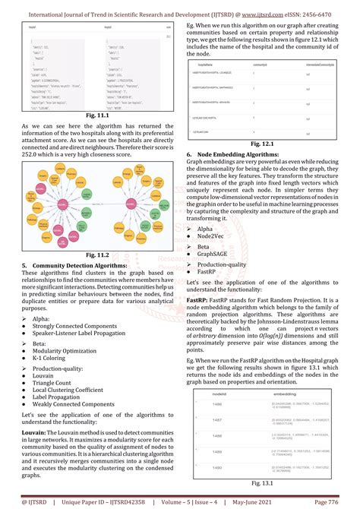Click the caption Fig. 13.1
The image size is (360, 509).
261,482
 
